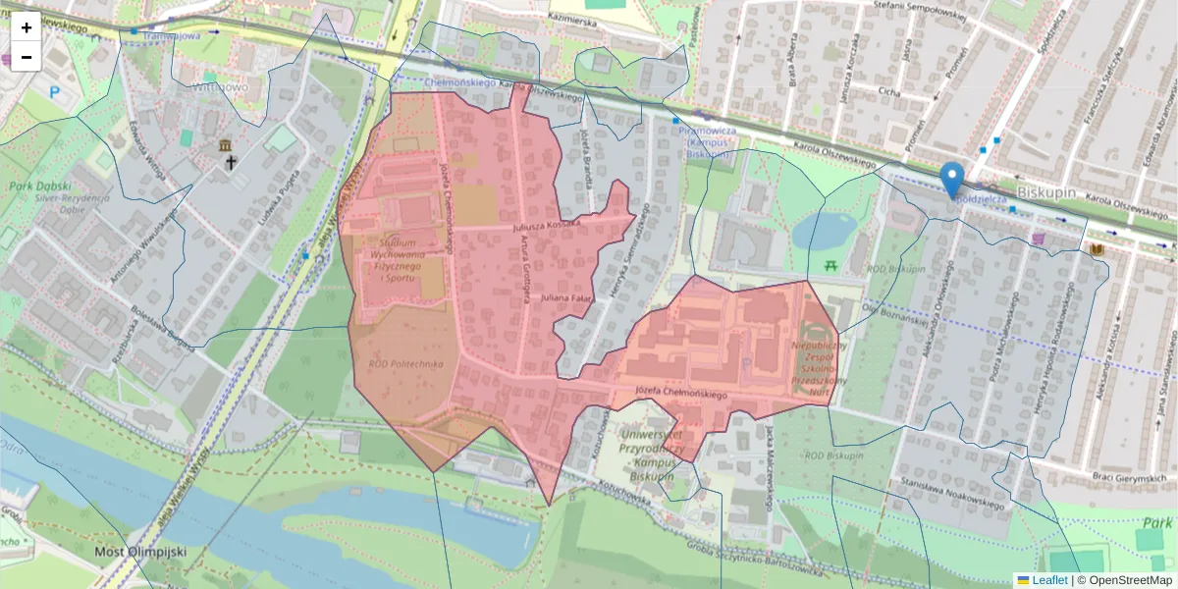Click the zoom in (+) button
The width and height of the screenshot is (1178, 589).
coord(27,27)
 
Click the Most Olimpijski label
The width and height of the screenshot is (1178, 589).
coord(140,552)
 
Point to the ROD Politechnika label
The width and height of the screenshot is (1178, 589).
coord(405,363)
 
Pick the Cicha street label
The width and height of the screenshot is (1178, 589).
coord(889,91)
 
